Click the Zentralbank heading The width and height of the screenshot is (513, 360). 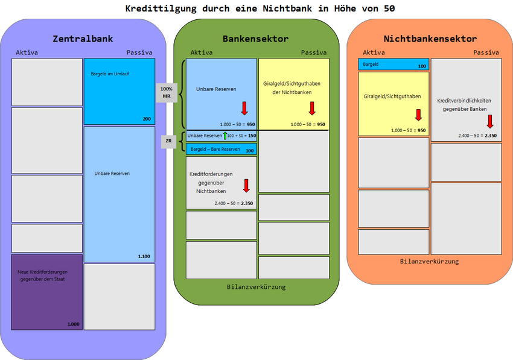pos(83,39)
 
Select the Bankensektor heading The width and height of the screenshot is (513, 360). pos(255,39)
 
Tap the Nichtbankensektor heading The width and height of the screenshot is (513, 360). pos(430,39)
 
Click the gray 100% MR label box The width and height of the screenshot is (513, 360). pos(166,92)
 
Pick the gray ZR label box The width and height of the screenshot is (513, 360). pos(168,142)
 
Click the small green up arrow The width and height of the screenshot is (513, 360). pos(225,136)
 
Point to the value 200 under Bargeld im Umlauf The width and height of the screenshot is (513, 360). pos(147,119)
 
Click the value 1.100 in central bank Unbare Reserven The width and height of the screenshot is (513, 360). pos(144,256)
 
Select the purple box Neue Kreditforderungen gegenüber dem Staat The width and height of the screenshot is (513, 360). pos(46,292)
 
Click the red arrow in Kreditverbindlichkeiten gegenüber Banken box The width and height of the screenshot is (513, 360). pos(490,121)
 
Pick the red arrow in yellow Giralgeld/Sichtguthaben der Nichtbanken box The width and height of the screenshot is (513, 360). pos(312,108)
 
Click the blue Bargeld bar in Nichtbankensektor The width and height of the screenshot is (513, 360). pos(393,64)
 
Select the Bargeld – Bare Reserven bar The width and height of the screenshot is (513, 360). pos(221,149)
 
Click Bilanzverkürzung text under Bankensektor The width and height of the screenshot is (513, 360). pos(256,286)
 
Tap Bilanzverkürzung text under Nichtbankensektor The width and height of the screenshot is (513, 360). pos(429,261)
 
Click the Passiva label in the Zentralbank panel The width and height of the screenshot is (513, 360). pos(139,52)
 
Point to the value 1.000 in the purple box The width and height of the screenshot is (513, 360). pos(73,324)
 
